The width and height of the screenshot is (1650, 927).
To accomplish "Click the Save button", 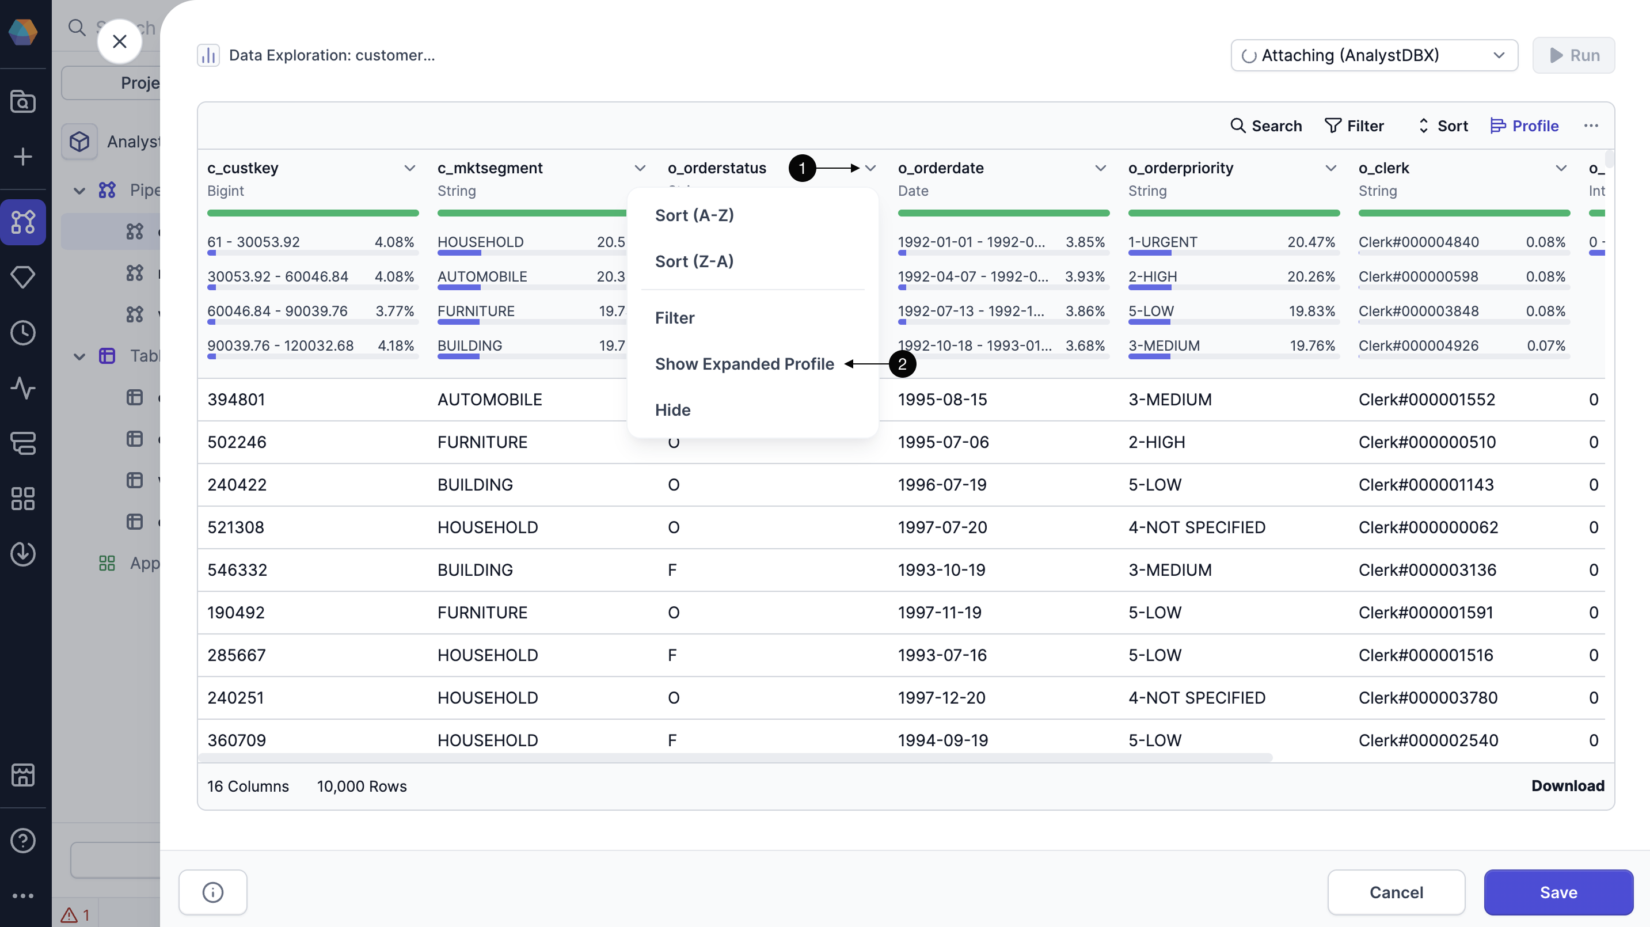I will click(1558, 892).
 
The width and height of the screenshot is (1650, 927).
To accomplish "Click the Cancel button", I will click(1396, 892).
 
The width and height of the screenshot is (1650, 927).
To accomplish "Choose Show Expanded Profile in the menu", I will click(744, 364).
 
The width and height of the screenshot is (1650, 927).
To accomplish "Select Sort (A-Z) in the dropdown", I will click(694, 215).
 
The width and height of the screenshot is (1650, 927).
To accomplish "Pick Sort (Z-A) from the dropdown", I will click(694, 261).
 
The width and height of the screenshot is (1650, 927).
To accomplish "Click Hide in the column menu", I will click(672, 410).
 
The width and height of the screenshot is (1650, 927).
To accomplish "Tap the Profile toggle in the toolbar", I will click(1524, 126).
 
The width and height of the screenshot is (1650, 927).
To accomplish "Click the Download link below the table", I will click(1567, 785).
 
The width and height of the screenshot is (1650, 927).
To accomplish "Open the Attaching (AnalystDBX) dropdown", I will click(1374, 55).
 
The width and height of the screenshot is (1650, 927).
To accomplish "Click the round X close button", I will click(119, 41).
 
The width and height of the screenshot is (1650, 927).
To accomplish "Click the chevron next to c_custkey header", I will click(409, 168).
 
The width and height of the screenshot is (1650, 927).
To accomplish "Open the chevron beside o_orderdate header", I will click(1100, 168).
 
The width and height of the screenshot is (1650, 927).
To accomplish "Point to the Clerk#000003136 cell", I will click(1427, 570).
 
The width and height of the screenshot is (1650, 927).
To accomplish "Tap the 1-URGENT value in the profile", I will click(1162, 242).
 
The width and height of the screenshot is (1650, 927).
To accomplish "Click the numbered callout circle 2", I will click(902, 364).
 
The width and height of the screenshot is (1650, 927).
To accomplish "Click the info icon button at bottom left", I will click(212, 892).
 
